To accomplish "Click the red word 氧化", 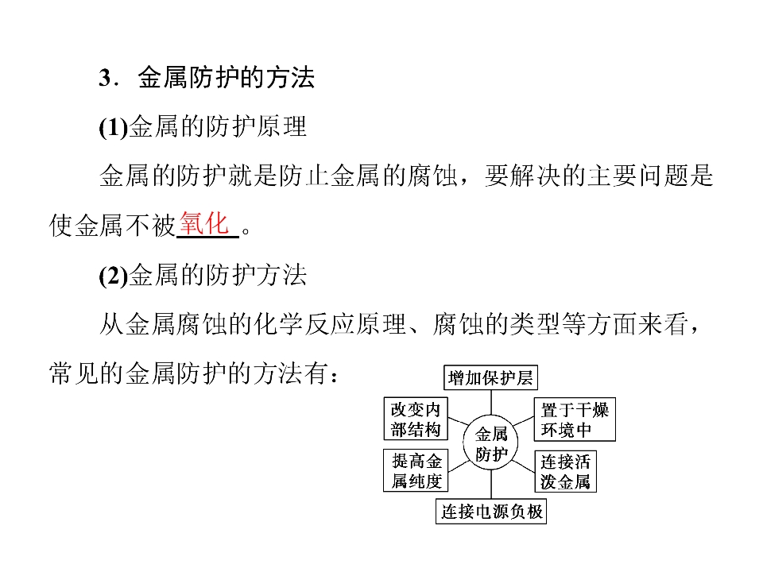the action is (x=204, y=224).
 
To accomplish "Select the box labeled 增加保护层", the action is (x=490, y=377).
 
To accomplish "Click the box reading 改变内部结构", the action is (x=416, y=419).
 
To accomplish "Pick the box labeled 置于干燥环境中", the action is (x=575, y=419).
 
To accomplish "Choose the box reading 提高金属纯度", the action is (x=416, y=470).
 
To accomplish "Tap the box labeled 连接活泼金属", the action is (x=565, y=471).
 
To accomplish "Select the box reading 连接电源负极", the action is (x=491, y=511).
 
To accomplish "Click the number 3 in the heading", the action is (x=105, y=78).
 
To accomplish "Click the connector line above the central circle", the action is (x=490, y=402).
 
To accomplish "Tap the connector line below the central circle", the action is (x=490, y=485).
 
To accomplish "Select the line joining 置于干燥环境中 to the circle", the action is (x=524, y=421).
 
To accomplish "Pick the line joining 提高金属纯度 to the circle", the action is (x=459, y=466).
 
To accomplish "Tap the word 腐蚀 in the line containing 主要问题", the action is (x=432, y=176).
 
